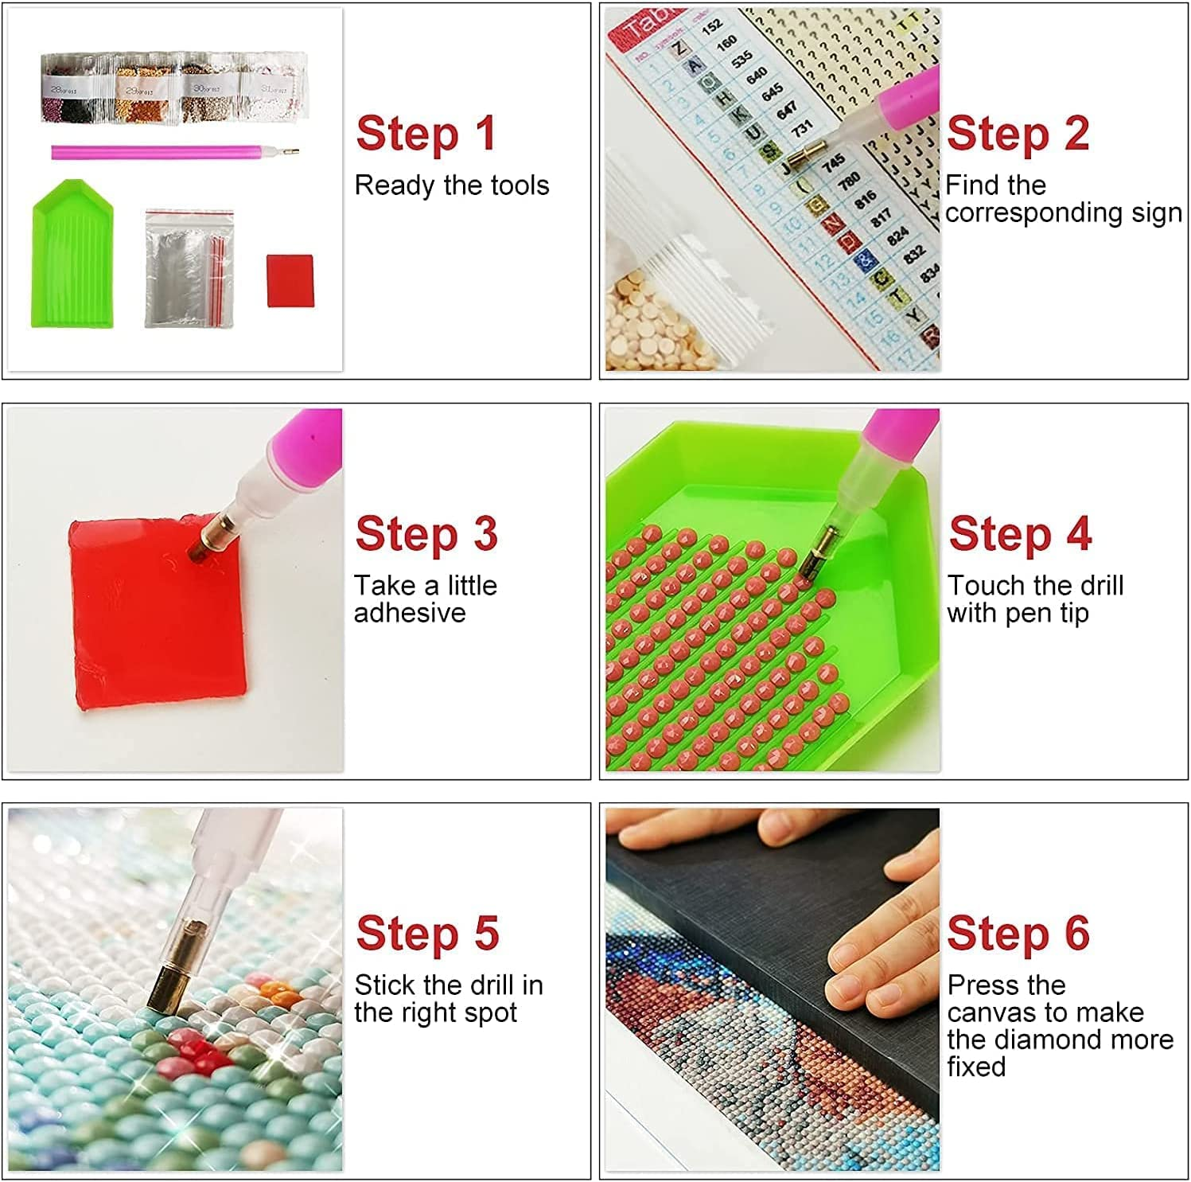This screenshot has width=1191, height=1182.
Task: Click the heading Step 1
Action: pyautogui.click(x=426, y=133)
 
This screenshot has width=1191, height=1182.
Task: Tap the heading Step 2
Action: pyautogui.click(x=1018, y=133)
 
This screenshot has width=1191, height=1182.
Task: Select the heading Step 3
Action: pyautogui.click(x=426, y=533)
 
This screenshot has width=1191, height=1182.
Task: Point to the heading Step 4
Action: pyautogui.click(x=1020, y=533)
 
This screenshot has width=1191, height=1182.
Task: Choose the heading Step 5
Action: pyautogui.click(x=427, y=934)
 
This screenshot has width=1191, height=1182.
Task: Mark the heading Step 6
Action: pyautogui.click(x=1018, y=934)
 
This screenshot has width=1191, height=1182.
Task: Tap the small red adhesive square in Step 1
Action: pyautogui.click(x=290, y=280)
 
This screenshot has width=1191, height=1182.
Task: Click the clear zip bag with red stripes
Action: pyautogui.click(x=189, y=268)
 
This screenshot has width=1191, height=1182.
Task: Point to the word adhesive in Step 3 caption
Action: pyautogui.click(x=410, y=613)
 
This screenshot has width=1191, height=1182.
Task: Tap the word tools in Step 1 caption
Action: pyautogui.click(x=520, y=185)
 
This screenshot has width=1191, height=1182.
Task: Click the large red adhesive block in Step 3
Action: pyautogui.click(x=159, y=613)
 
